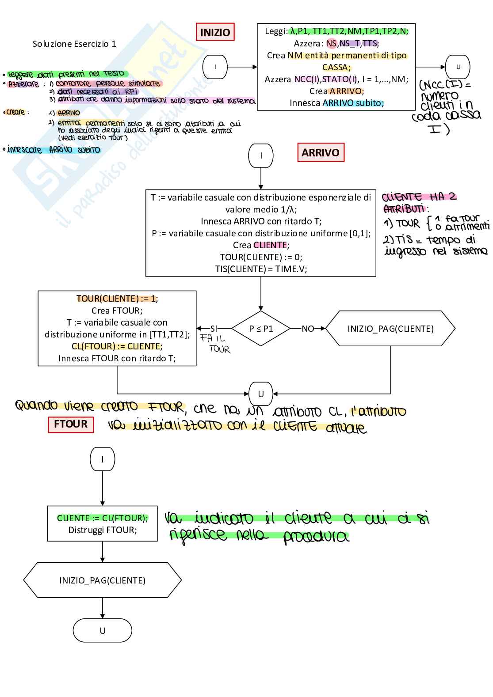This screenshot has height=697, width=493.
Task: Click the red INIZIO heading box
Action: pyautogui.click(x=215, y=32)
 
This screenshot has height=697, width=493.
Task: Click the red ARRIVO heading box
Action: pyautogui.click(x=321, y=152)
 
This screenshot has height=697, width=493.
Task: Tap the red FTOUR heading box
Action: pyautogui.click(x=71, y=424)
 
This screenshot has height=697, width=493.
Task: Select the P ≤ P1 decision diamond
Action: pyautogui.click(x=261, y=329)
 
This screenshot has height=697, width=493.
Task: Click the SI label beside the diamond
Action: pyautogui.click(x=214, y=329)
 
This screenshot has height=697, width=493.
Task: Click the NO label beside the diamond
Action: pyautogui.click(x=308, y=329)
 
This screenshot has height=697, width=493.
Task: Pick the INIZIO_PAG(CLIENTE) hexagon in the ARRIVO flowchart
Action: pyautogui.click(x=390, y=329)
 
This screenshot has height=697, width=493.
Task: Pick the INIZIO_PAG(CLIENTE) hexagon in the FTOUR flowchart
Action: pyautogui.click(x=102, y=580)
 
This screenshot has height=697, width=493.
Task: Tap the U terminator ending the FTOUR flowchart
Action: pyautogui.click(x=102, y=630)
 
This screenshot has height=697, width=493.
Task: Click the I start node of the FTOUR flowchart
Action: pyautogui.click(x=102, y=459)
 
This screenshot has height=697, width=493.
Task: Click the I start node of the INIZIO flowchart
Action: pyautogui.click(x=215, y=67)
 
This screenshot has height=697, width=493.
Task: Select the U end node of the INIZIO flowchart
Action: pyautogui.click(x=458, y=67)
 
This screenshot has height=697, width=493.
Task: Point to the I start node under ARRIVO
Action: pyautogui.click(x=261, y=155)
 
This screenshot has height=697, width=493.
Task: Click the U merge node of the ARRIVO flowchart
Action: pyautogui.click(x=261, y=394)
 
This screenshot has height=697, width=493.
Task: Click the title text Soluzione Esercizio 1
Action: pyautogui.click(x=74, y=44)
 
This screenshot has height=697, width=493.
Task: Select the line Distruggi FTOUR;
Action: pyautogui.click(x=102, y=530)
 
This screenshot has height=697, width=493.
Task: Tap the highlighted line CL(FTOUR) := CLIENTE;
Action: pyautogui.click(x=117, y=346)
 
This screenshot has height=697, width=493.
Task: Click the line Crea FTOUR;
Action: pyautogui.click(x=117, y=311)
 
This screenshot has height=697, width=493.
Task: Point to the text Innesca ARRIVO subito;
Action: pyautogui.click(x=337, y=103)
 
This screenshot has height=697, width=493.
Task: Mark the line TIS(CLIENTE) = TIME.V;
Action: pyautogui.click(x=261, y=269)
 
